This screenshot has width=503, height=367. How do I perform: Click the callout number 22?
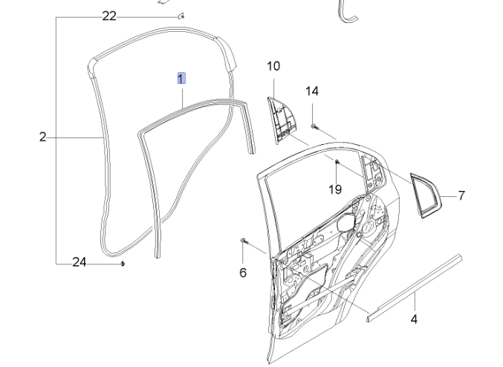click(x=109, y=16)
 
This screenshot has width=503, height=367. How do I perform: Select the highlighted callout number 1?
click(x=181, y=78)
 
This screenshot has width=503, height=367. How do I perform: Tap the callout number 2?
click(x=42, y=137)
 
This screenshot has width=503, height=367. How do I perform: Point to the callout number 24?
click(x=79, y=262)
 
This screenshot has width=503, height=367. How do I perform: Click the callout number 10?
click(x=273, y=66)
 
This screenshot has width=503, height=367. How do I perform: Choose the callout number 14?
click(x=312, y=91)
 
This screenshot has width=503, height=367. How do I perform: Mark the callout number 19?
click(x=335, y=189)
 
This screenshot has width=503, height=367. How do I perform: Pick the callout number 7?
click(x=461, y=196)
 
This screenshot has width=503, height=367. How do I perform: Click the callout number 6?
click(x=243, y=273)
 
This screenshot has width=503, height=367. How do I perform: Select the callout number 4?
click(x=414, y=319)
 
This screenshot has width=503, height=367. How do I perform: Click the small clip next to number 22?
click(x=180, y=14)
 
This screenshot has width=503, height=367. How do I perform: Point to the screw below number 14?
click(x=314, y=127)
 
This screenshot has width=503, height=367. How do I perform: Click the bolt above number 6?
click(x=244, y=241)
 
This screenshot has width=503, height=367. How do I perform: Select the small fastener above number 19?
click(x=337, y=161)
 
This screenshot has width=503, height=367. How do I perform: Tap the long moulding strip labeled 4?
click(x=416, y=285)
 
